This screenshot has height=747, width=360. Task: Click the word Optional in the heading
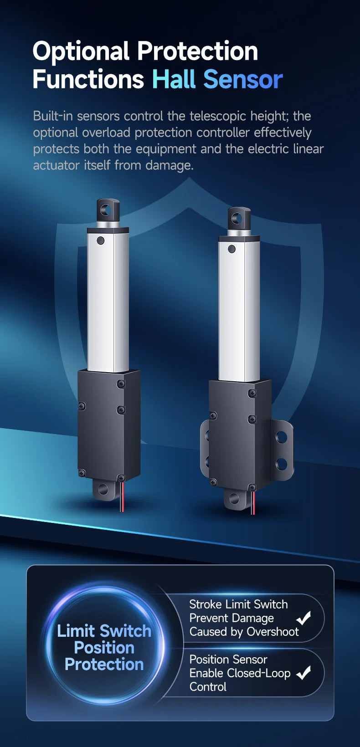point(81,51)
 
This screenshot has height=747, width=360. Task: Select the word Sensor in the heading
point(243,80)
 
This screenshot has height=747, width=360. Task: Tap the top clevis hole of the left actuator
point(108,210)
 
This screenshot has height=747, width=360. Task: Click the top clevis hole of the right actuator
point(238,219)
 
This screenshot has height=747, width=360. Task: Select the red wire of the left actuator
point(123,496)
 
